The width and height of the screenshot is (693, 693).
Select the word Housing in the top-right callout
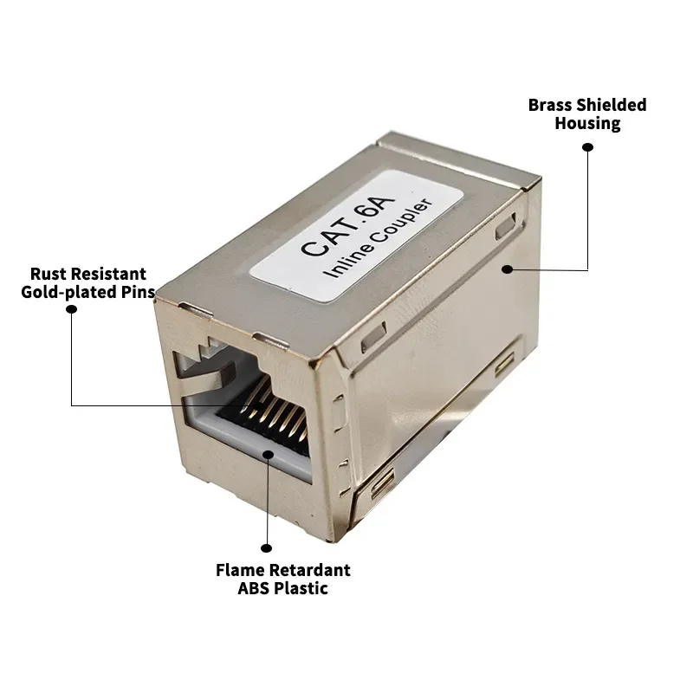[x=587, y=124]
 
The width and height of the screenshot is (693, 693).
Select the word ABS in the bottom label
[x=254, y=589]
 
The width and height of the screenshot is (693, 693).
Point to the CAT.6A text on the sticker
[x=347, y=225]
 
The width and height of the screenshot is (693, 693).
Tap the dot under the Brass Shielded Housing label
[x=587, y=147]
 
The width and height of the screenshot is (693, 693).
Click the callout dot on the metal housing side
[x=508, y=269]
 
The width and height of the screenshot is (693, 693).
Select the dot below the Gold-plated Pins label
[x=72, y=309]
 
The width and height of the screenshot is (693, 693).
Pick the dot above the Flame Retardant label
[x=266, y=548]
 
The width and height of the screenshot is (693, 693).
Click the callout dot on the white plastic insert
[x=268, y=455]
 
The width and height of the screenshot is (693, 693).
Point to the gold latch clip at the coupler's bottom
[x=383, y=484]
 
